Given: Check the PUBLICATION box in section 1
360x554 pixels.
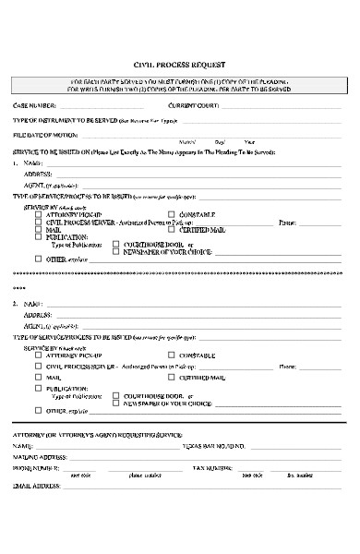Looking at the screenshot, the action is pyautogui.click(x=38, y=236).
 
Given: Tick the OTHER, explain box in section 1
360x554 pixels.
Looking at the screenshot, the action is pyautogui.click(x=38, y=259).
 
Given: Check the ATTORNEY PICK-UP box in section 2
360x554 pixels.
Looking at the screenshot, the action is pyautogui.click(x=38, y=355).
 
